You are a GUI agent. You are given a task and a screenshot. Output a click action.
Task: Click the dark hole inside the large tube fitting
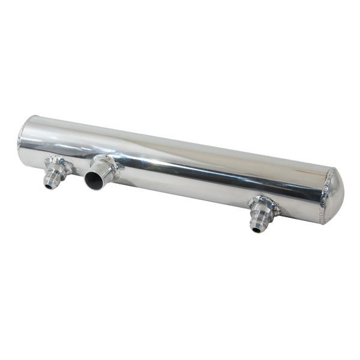tap(95, 179)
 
